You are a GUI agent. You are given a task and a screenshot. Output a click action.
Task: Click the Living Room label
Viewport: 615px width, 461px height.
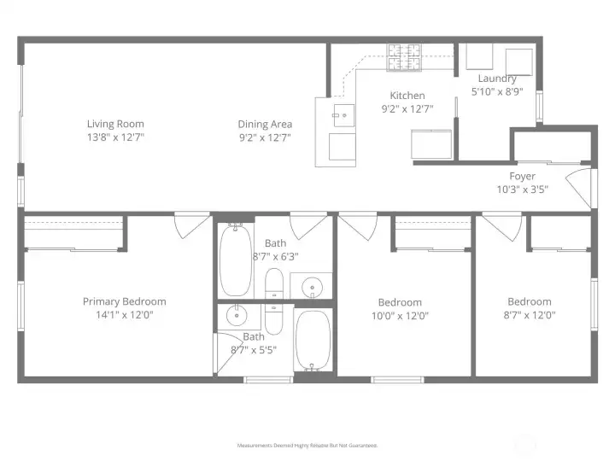tap(115, 124)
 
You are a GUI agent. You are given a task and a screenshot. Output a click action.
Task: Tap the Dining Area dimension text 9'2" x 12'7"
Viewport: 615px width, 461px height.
tap(265, 137)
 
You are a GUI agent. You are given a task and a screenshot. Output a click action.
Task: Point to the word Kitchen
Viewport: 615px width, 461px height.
tap(407, 96)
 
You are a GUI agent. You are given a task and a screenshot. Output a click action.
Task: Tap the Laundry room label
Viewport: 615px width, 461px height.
tap(496, 79)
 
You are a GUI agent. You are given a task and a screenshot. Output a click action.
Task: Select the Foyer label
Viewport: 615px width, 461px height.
tap(522, 177)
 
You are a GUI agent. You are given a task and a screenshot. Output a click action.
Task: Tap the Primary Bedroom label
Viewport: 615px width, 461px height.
tap(124, 301)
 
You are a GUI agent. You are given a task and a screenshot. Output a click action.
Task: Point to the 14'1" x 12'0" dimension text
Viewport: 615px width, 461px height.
tap(124, 314)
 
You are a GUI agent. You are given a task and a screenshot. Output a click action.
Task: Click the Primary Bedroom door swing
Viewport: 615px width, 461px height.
tap(189, 226)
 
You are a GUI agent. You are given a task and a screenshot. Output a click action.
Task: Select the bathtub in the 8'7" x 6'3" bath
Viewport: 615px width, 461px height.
tap(235, 260)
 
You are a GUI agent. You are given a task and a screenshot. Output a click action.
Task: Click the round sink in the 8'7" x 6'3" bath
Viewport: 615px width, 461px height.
tap(313, 287)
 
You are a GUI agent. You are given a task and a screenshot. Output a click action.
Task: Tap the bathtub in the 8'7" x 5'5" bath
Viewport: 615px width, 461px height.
tap(313, 339)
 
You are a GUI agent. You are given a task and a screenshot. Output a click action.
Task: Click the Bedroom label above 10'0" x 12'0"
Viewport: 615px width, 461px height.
tap(400, 302)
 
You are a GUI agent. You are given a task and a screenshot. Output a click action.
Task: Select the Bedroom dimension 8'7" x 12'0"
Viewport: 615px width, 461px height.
tap(529, 314)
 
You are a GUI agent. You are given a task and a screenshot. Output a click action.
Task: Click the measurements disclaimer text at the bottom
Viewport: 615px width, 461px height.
tap(307, 446)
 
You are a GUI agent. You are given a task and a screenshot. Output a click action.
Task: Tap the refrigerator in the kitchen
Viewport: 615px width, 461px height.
tap(432, 144)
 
